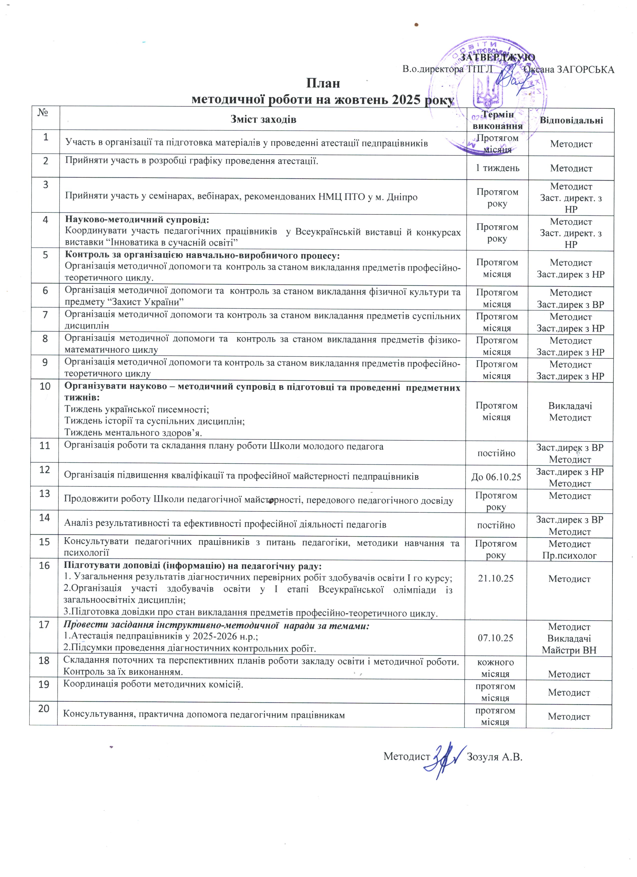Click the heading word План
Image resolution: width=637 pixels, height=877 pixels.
coord(323,83)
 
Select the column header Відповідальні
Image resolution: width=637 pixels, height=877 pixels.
coord(571,120)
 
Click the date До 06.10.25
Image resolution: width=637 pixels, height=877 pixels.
coord(496,477)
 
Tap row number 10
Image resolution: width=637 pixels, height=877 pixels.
coord(45,386)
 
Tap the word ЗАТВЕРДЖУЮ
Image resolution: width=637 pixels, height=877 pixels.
coord(498,57)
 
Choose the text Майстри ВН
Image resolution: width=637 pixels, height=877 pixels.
coord(569,650)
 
